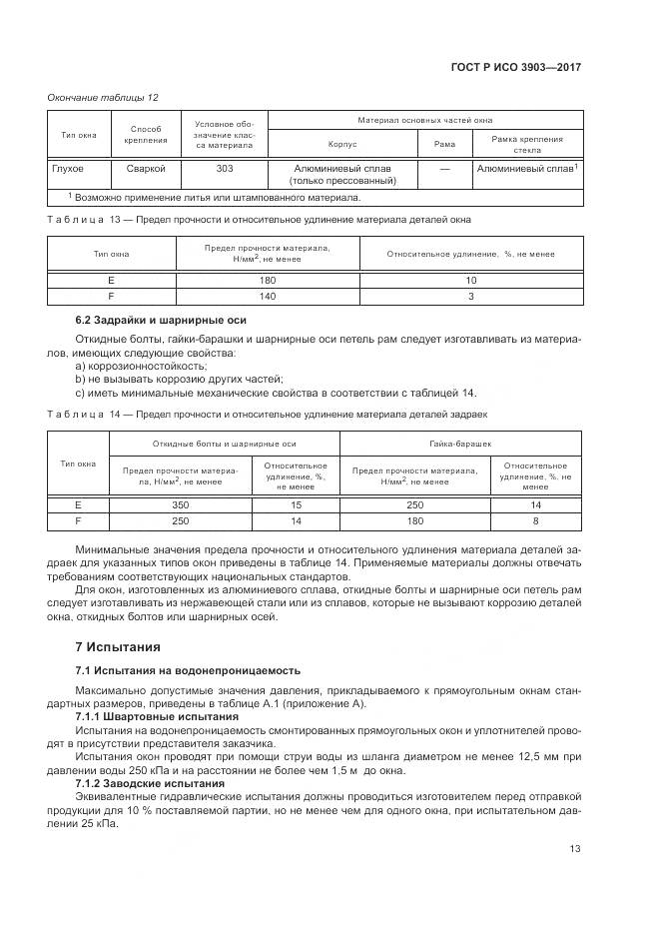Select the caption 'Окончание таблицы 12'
[104, 97]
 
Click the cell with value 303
[225, 168]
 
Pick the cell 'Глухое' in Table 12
[68, 168]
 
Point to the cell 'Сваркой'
[146, 168]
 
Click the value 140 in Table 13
[267, 296]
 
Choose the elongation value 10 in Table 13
[471, 281]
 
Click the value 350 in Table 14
[181, 505]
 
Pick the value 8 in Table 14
[535, 520]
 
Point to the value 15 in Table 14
[296, 505]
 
